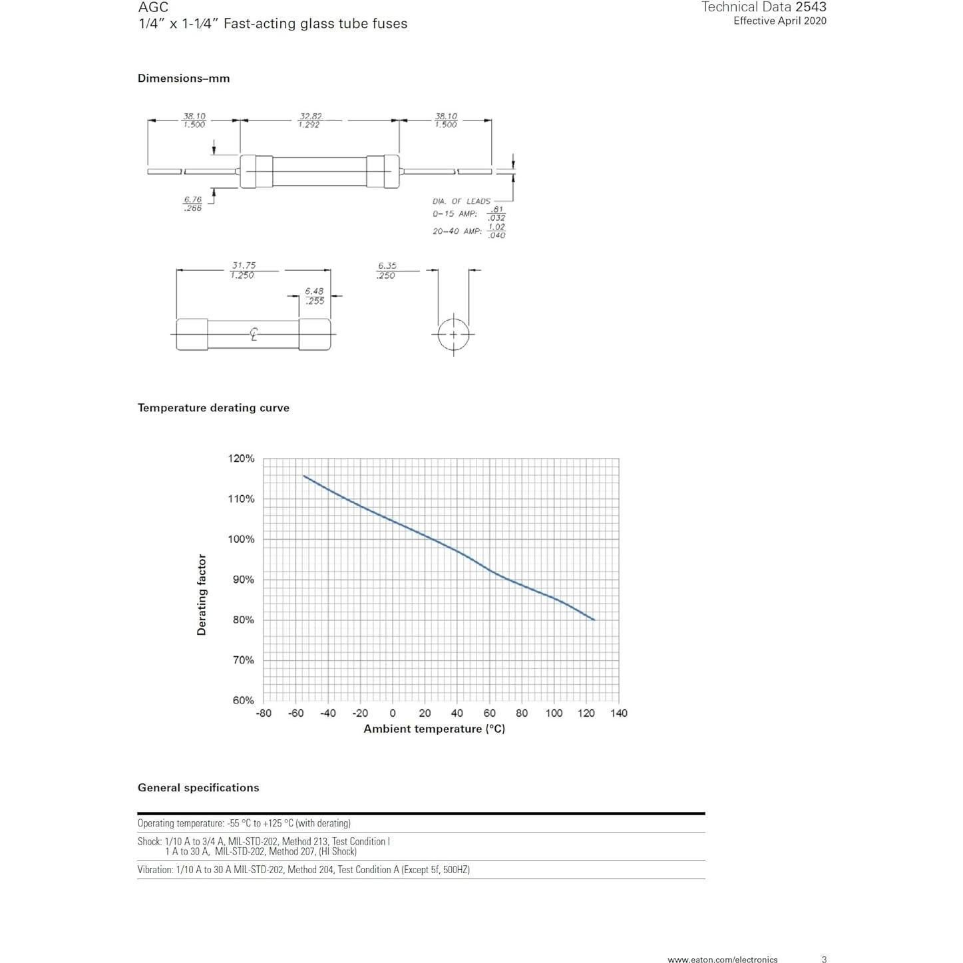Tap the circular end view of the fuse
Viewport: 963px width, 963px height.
453,334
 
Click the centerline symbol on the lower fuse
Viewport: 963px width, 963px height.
254,334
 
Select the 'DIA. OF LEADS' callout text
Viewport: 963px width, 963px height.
461,201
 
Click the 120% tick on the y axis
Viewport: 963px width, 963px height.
241,459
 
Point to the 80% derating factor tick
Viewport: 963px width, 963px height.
243,620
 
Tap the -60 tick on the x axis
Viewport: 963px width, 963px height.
295,713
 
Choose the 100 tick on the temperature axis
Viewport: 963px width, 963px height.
554,713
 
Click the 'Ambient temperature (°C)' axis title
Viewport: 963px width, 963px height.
434,729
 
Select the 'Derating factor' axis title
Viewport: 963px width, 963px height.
202,594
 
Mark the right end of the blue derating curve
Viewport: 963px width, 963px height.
594,620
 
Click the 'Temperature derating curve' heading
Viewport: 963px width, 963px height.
213,408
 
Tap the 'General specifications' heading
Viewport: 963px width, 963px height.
198,788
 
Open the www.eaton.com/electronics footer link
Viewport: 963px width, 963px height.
722,960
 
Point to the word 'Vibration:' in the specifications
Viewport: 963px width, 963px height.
156,870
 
